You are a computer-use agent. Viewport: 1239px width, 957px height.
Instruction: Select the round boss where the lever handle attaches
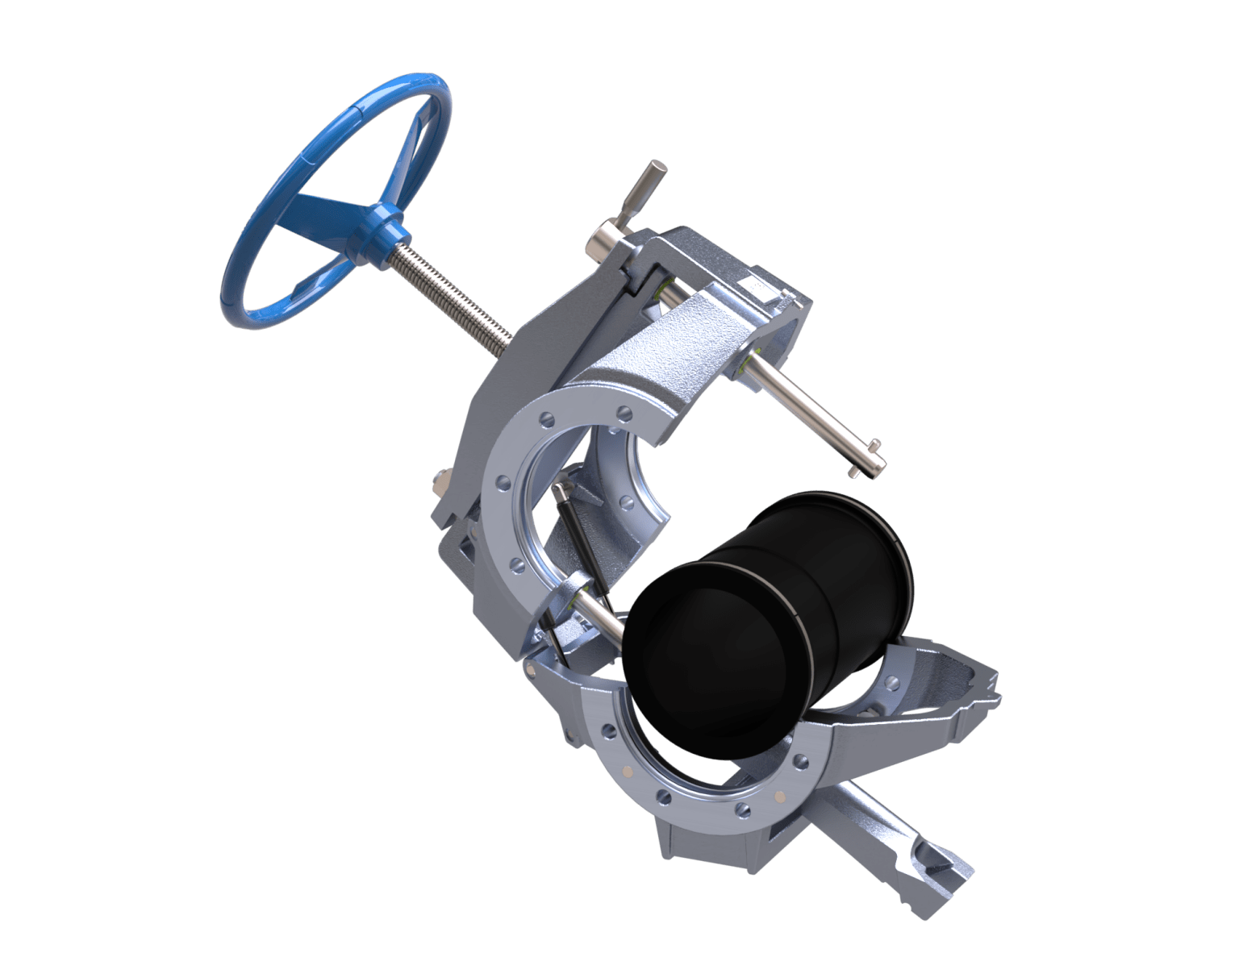[604, 239]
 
